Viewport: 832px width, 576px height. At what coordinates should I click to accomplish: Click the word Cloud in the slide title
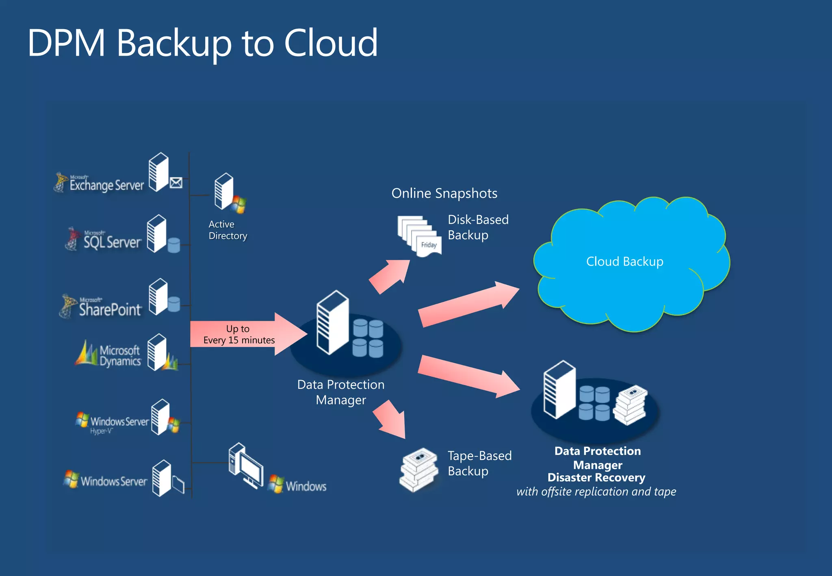point(331,43)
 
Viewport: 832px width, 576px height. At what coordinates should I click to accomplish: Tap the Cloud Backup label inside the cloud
point(624,262)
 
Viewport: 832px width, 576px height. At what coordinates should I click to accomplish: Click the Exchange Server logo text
point(106,185)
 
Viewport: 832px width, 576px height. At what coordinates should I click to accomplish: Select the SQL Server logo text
point(112,242)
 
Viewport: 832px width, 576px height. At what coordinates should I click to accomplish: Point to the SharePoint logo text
point(110,310)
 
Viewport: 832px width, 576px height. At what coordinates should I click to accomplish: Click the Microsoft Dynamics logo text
point(119,356)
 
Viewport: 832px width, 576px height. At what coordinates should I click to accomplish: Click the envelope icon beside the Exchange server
point(176,183)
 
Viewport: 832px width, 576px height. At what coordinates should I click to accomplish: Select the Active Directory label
point(227,230)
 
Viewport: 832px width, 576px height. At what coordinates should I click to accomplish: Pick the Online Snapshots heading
point(444,193)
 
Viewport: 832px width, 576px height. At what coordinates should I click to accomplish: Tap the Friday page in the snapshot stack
point(429,245)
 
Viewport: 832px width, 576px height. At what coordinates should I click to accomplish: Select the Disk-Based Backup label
point(478,227)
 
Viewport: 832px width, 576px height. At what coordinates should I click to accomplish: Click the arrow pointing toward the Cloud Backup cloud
point(467,305)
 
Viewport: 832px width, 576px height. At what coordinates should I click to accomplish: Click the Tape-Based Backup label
point(479,463)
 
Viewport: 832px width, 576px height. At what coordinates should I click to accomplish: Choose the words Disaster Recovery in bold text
point(596,478)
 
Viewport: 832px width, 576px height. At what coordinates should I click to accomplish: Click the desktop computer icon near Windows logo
point(246,466)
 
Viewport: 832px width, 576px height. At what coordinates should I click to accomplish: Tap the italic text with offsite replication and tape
point(596,492)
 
